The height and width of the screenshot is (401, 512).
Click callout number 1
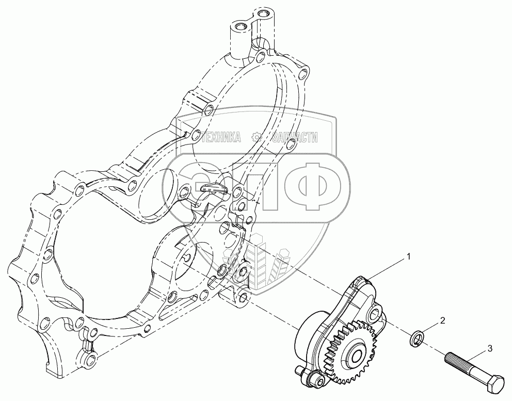(x=409, y=256)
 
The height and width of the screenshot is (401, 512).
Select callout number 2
(x=442, y=320)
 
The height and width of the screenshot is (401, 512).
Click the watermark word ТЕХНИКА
(x=223, y=137)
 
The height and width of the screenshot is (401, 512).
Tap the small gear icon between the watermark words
(x=255, y=137)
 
